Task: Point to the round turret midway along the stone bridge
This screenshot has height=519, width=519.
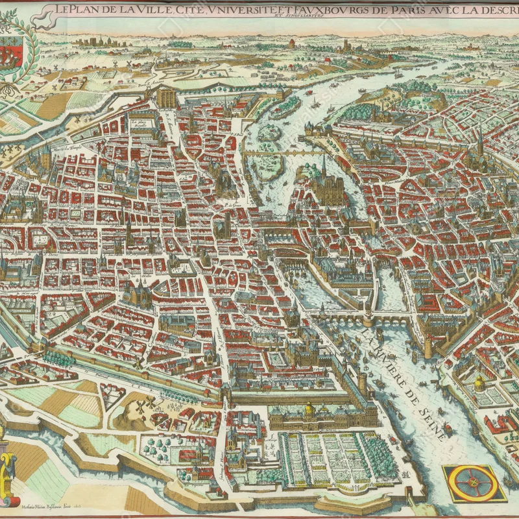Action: point(368,317)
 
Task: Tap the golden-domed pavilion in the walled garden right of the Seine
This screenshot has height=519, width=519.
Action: point(479,383)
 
